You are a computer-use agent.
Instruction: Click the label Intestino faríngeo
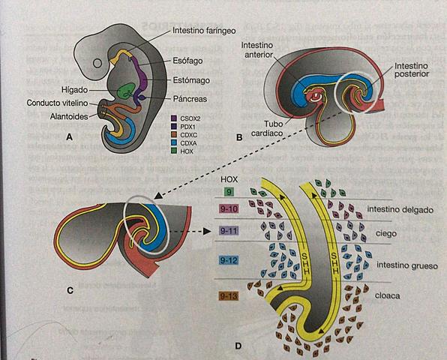[x=205, y=31]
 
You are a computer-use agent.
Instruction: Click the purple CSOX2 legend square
[x=174, y=118]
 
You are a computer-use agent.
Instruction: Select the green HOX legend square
[x=174, y=151]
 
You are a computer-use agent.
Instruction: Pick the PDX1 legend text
[x=190, y=126]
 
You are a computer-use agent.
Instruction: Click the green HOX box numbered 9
[x=227, y=193]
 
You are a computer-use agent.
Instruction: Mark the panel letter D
[x=238, y=346]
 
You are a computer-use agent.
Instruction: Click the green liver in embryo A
[x=126, y=93]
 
